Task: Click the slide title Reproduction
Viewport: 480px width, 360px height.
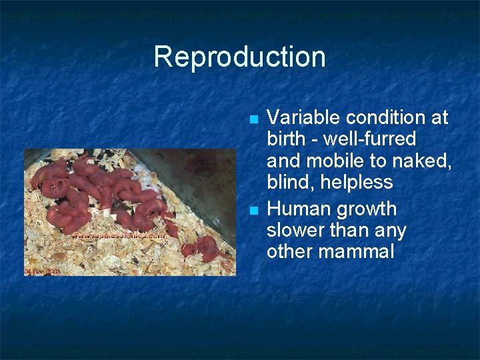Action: pyautogui.click(x=239, y=57)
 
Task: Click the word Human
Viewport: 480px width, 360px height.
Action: pyautogui.click(x=295, y=209)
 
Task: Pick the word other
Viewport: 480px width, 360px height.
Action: pyautogui.click(x=288, y=252)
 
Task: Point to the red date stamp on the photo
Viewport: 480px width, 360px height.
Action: pyautogui.click(x=41, y=271)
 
